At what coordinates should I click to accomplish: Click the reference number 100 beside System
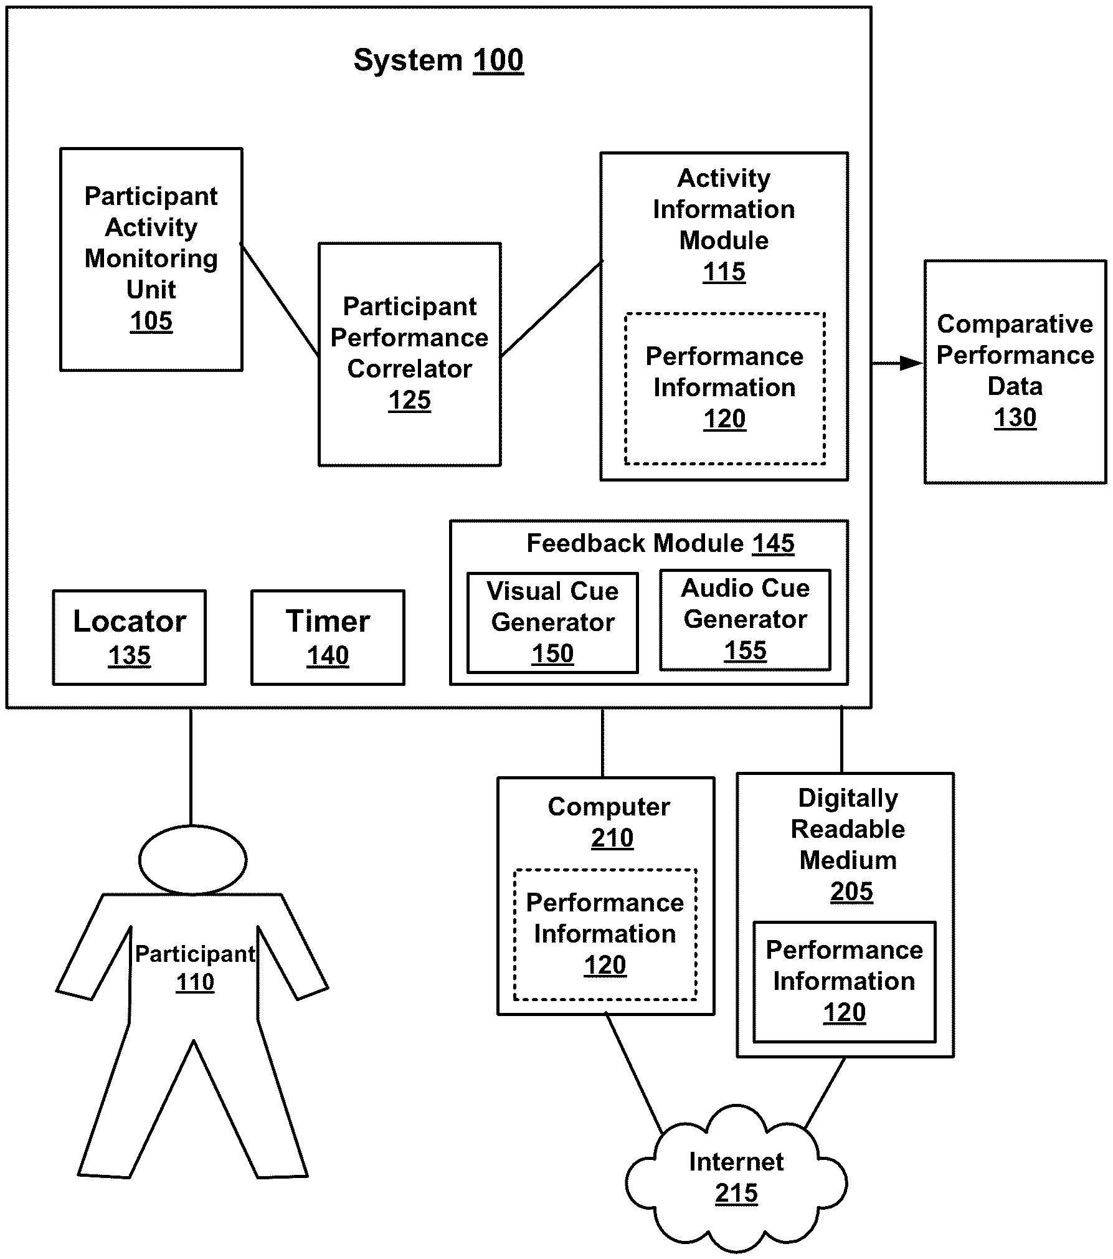tap(498, 60)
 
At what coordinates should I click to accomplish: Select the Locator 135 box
tap(129, 637)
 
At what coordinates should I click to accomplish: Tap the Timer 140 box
tap(328, 637)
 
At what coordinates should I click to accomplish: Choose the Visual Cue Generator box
tap(552, 622)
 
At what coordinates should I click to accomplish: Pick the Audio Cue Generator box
tap(745, 619)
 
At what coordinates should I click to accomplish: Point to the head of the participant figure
tap(192, 860)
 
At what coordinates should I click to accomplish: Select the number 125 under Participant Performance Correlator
tap(409, 400)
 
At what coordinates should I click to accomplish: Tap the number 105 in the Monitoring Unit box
tap(151, 321)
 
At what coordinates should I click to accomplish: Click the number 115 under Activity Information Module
tap(724, 272)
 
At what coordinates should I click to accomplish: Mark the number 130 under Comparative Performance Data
tap(1015, 417)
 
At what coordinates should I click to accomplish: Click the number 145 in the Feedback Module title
tap(773, 543)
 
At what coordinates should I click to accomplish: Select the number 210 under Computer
tap(612, 838)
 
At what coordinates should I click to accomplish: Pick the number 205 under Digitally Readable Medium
tap(851, 891)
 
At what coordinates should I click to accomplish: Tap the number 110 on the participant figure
tap(195, 982)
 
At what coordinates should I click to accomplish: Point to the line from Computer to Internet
tap(633, 1071)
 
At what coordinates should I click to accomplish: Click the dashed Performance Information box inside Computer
tap(605, 934)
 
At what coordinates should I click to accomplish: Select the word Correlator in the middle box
tap(409, 369)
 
